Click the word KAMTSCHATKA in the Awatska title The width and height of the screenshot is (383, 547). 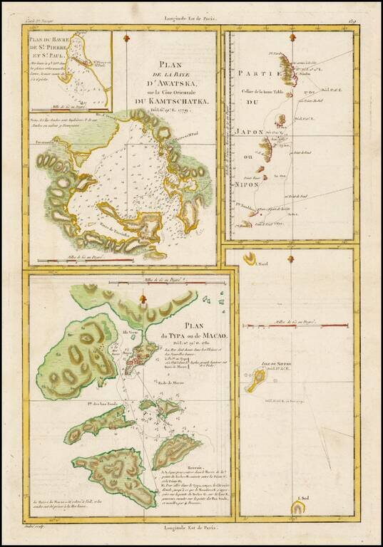tap(176, 102)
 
